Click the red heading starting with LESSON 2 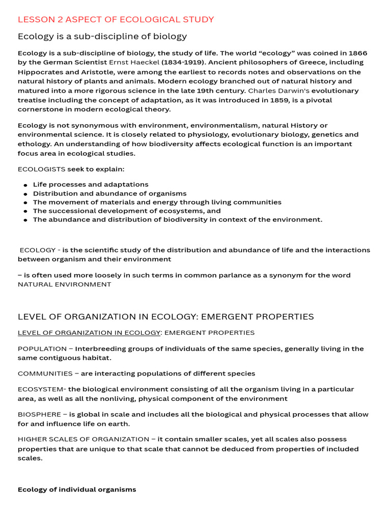point(116,19)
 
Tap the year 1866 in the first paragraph point(357,53)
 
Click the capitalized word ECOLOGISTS point(42,168)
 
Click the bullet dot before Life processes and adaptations point(25,185)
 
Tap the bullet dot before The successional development point(25,212)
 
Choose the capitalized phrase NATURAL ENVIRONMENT point(64,284)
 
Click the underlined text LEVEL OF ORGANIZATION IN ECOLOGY point(89,333)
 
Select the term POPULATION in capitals point(42,349)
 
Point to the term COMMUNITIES point(45,373)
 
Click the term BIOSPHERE point(39,414)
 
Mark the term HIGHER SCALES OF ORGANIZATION point(83,439)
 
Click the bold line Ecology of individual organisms point(77,489)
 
